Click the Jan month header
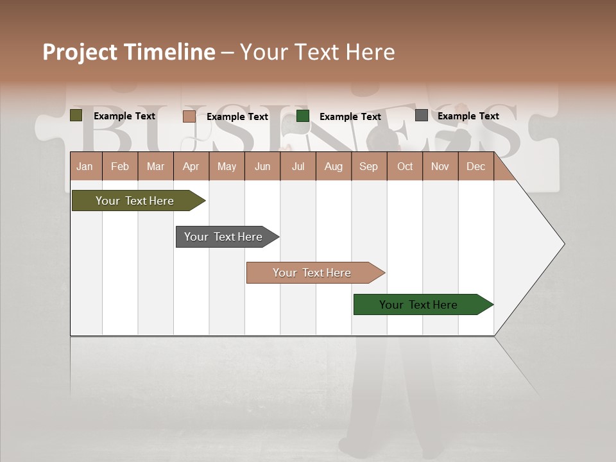tap(85, 166)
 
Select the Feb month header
tap(120, 166)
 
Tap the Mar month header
tap(155, 166)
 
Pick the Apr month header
tap(191, 166)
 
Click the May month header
tap(227, 166)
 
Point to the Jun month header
tap(262, 166)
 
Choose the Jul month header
tap(298, 166)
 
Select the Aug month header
tap(334, 166)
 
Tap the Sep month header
tap(369, 166)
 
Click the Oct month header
tap(405, 166)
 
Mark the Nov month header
tap(440, 166)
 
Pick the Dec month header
tap(476, 166)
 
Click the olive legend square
tap(76, 116)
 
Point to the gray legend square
tap(422, 116)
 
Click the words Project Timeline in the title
tap(129, 52)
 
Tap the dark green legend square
tap(303, 116)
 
